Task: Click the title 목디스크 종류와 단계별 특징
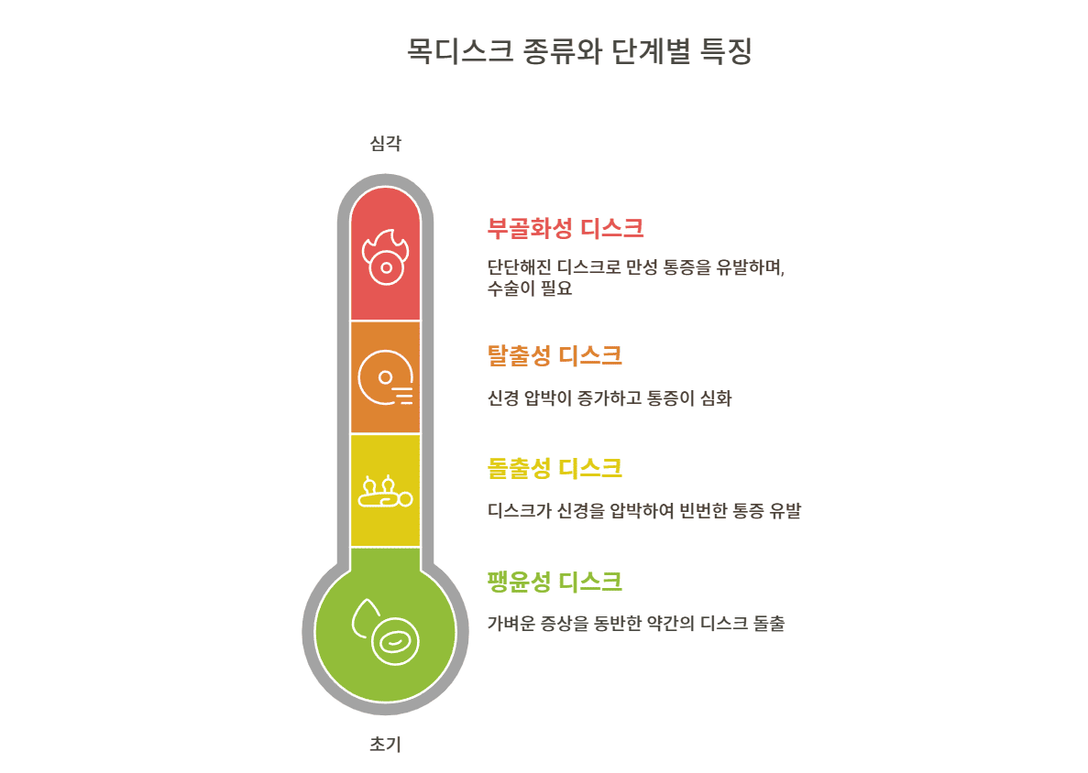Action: [579, 51]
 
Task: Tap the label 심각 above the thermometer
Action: [385, 143]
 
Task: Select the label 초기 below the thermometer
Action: [385, 745]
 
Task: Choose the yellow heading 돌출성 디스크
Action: [555, 469]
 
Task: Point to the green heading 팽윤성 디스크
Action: [555, 582]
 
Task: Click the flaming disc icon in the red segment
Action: [385, 257]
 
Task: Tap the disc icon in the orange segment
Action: [385, 377]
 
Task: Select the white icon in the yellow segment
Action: [385, 492]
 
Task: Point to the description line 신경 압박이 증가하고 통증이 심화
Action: [610, 398]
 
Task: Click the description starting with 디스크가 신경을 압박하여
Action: [644, 511]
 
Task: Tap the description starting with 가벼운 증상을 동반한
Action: [636, 625]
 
